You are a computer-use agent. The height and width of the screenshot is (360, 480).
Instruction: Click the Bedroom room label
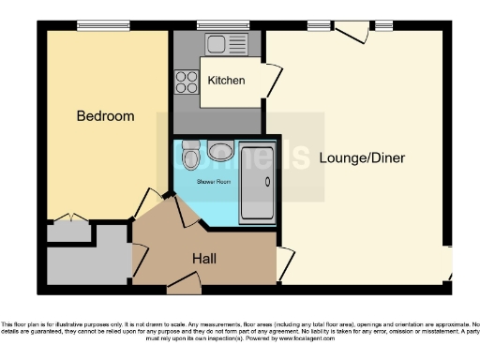[105, 117]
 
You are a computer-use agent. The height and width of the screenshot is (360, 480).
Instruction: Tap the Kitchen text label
[226, 81]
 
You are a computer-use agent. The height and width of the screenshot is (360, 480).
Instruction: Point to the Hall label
[205, 258]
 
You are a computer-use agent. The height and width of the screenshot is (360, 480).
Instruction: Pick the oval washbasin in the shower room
[221, 150]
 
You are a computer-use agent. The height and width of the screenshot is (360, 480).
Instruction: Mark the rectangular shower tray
[256, 183]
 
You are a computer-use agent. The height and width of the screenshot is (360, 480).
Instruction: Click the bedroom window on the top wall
[103, 26]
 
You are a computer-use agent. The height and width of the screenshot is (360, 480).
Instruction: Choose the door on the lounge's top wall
[352, 34]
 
